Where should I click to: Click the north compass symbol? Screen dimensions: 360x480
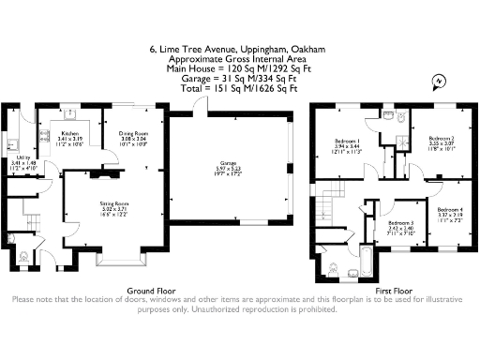pos(438,84)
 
